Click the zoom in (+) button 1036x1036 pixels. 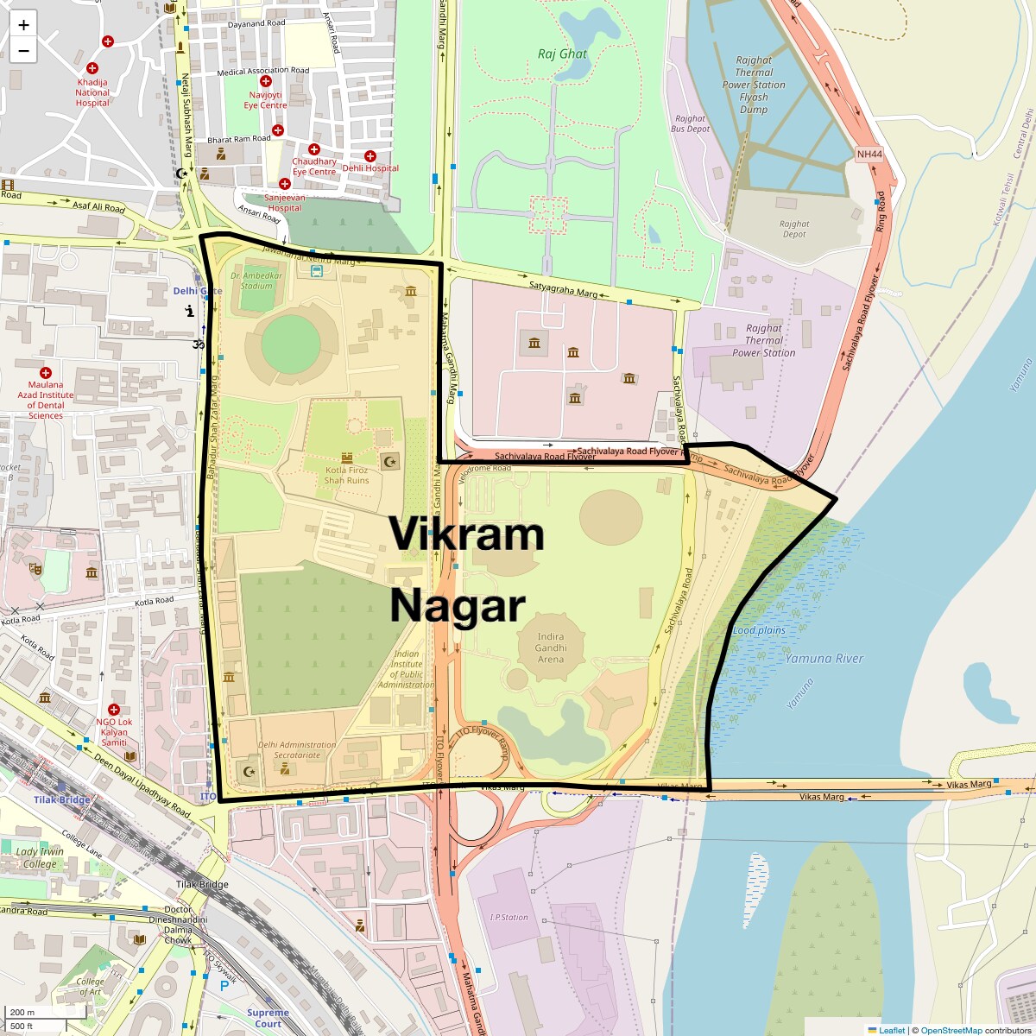click(x=23, y=25)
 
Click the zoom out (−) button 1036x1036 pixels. click(x=23, y=51)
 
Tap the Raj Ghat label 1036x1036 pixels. click(x=562, y=54)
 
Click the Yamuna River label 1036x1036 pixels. click(x=824, y=659)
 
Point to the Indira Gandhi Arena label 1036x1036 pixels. click(x=551, y=647)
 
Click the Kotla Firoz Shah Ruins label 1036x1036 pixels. click(x=347, y=475)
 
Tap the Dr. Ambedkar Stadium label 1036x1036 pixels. click(x=256, y=281)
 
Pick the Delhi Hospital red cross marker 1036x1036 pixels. click(x=370, y=155)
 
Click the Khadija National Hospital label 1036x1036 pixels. click(x=92, y=92)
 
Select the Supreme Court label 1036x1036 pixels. click(x=268, y=1018)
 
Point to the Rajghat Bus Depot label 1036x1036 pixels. click(x=691, y=123)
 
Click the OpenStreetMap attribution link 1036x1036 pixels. click(x=951, y=1030)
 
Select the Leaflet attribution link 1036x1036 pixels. click(x=892, y=1030)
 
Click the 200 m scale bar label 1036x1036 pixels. click(x=22, y=1012)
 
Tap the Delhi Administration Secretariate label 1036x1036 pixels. click(x=296, y=749)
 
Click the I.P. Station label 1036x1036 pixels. click(x=509, y=917)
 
